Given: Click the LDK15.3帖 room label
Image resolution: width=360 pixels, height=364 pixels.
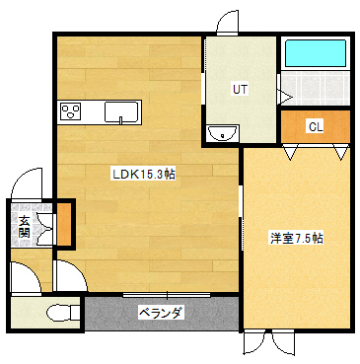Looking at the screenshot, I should [x=143, y=175].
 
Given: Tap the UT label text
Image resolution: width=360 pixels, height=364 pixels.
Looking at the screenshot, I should [x=239, y=89].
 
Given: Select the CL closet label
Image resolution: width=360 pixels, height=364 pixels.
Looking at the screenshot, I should [x=315, y=126].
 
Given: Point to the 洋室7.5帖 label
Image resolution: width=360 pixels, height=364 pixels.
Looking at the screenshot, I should [x=297, y=239].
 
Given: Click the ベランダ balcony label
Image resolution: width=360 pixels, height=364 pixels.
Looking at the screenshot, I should [x=161, y=313].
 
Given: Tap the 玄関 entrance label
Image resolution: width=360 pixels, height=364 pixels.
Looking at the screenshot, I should [x=23, y=227].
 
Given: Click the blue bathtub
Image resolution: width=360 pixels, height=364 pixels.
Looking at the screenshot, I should [x=315, y=53].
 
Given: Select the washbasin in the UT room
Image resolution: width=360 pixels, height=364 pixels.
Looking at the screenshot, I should [x=221, y=131].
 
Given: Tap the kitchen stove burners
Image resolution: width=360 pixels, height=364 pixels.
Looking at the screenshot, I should [x=72, y=111].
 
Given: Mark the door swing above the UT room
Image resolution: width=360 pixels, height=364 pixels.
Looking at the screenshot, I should [x=222, y=21].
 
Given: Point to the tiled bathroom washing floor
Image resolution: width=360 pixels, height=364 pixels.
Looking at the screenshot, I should [x=316, y=90].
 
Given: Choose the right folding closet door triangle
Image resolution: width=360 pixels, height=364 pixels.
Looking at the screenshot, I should [x=340, y=153].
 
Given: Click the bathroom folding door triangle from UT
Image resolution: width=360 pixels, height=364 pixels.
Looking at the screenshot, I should [x=283, y=96].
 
